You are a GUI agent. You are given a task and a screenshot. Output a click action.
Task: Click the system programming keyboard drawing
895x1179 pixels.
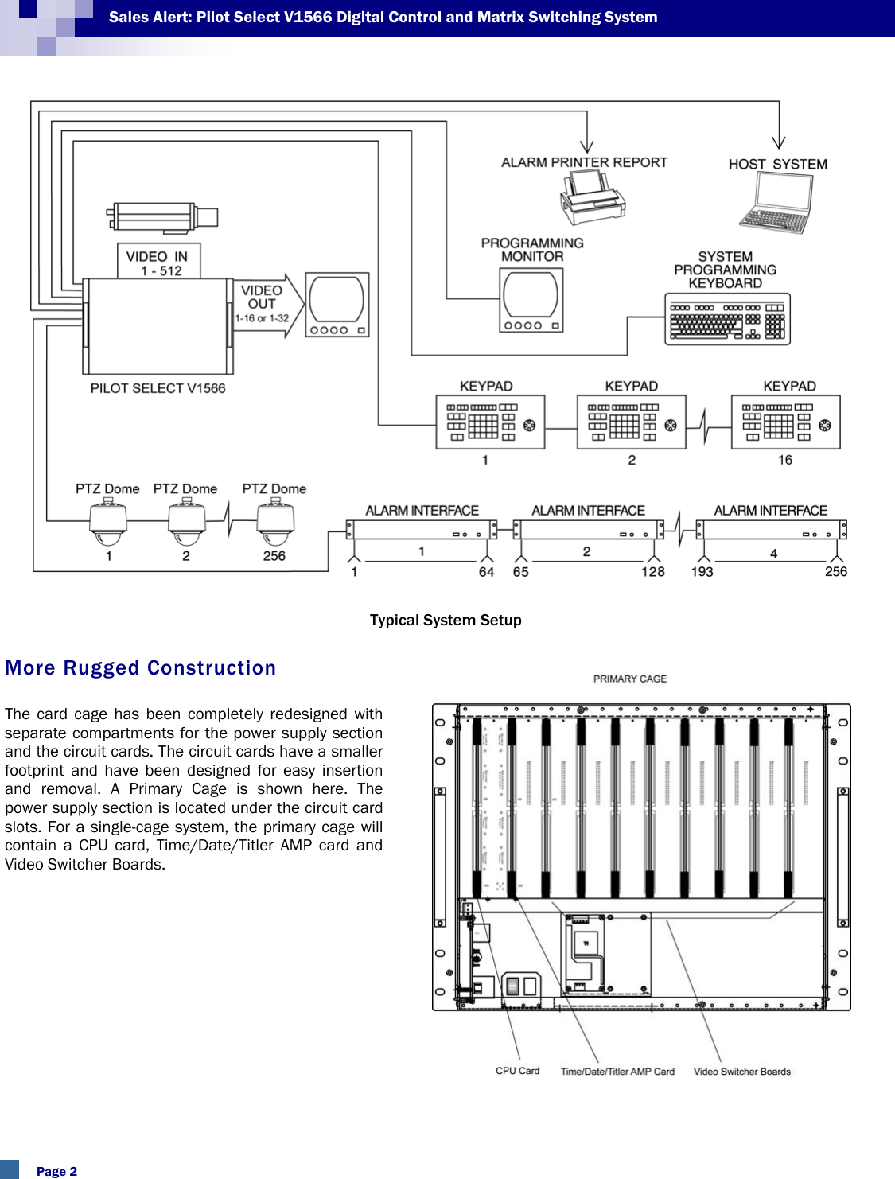[727, 319]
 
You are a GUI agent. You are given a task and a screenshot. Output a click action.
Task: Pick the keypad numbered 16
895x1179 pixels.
[785, 422]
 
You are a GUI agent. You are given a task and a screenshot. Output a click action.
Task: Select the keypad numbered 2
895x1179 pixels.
[631, 422]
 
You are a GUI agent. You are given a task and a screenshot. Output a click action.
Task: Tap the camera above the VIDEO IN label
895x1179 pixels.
[162, 217]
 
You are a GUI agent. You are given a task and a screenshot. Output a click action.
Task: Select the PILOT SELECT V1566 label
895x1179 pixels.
[158, 388]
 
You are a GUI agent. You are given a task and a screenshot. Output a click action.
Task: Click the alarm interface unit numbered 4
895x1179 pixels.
[771, 530]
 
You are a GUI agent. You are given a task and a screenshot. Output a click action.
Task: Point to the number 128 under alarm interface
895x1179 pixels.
[653, 571]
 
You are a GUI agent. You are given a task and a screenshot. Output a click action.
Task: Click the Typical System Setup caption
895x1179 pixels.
[446, 621]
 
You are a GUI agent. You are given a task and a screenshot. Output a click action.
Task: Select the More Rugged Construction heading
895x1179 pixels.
[141, 668]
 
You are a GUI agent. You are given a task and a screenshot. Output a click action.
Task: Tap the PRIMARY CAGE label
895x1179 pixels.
[629, 679]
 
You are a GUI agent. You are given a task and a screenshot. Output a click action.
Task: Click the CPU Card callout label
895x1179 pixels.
[517, 1071]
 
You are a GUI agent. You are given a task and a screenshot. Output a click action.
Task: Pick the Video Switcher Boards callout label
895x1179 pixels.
[741, 1072]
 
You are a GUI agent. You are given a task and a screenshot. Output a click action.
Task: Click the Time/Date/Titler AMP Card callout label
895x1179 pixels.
[617, 1072]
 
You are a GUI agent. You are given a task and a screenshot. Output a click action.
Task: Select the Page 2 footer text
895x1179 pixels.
[56, 1171]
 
